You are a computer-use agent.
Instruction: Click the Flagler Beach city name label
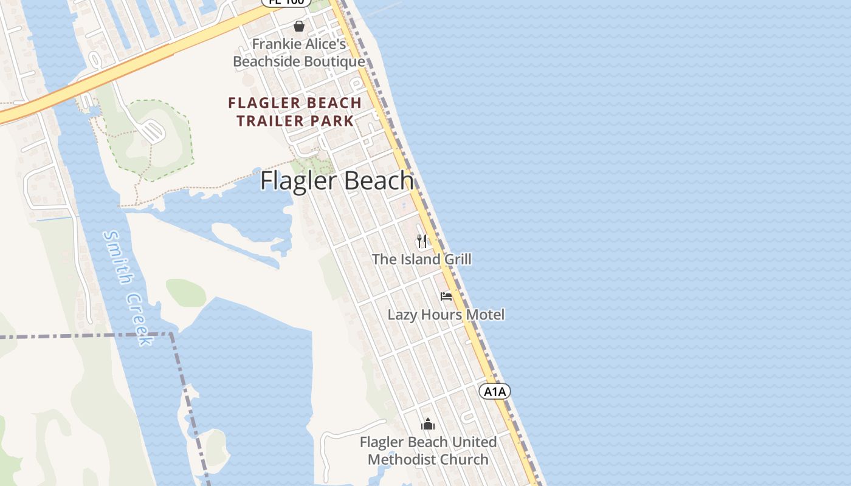click(x=337, y=181)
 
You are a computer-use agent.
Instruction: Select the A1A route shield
click(x=495, y=391)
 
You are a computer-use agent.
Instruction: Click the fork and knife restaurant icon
click(x=422, y=241)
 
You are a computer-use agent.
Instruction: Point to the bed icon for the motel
click(x=446, y=296)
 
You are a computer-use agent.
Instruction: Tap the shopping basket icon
click(x=299, y=26)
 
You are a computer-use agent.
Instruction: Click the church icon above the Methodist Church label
click(x=428, y=424)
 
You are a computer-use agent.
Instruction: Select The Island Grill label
click(x=421, y=259)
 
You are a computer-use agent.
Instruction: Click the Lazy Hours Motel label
click(x=446, y=315)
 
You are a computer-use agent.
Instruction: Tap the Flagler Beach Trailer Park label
click(x=295, y=112)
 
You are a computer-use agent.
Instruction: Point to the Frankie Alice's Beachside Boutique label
click(x=299, y=53)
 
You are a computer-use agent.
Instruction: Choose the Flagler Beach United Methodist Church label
click(x=428, y=451)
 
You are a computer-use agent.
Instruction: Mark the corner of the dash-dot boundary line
click(x=172, y=334)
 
